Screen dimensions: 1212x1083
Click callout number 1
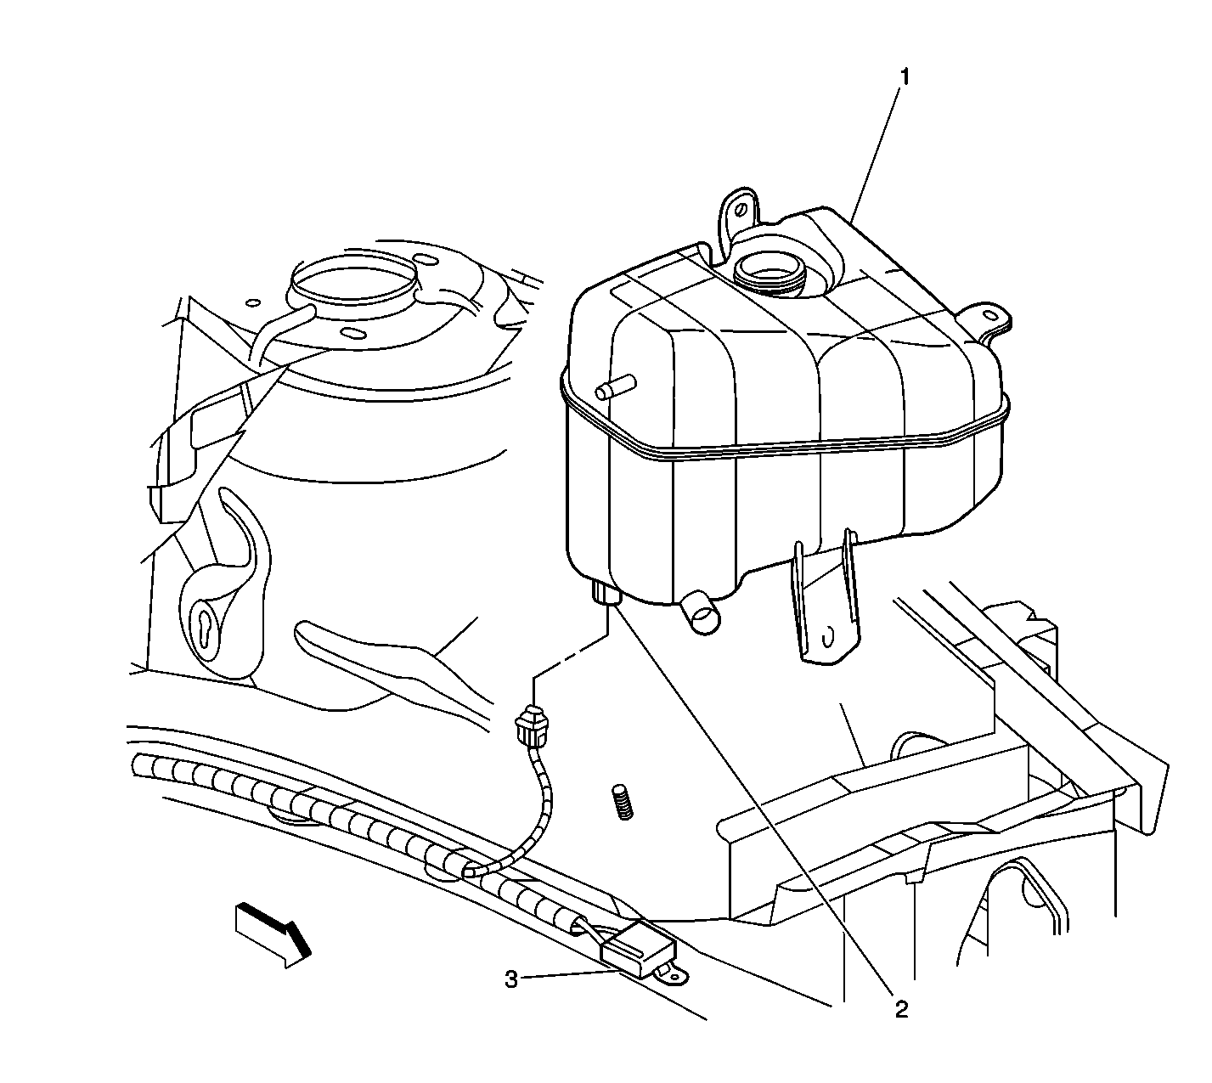coord(905,78)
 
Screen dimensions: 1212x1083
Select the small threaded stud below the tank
coord(623,802)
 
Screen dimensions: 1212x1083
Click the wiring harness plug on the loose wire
coord(531,726)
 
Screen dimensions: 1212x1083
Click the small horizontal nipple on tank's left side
coord(616,386)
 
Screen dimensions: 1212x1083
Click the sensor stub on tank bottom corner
coord(606,594)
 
